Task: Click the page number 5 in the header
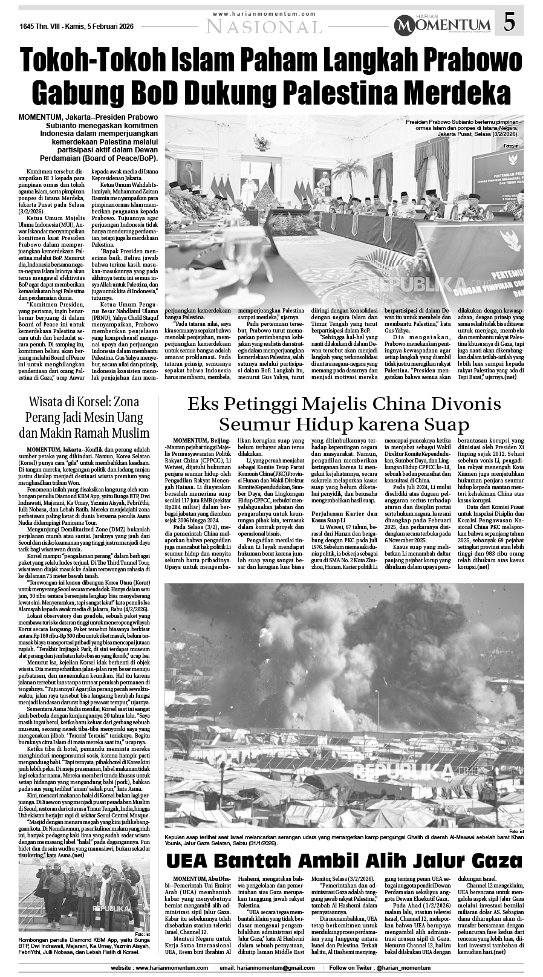[510, 23]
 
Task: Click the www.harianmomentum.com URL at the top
[264, 13]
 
